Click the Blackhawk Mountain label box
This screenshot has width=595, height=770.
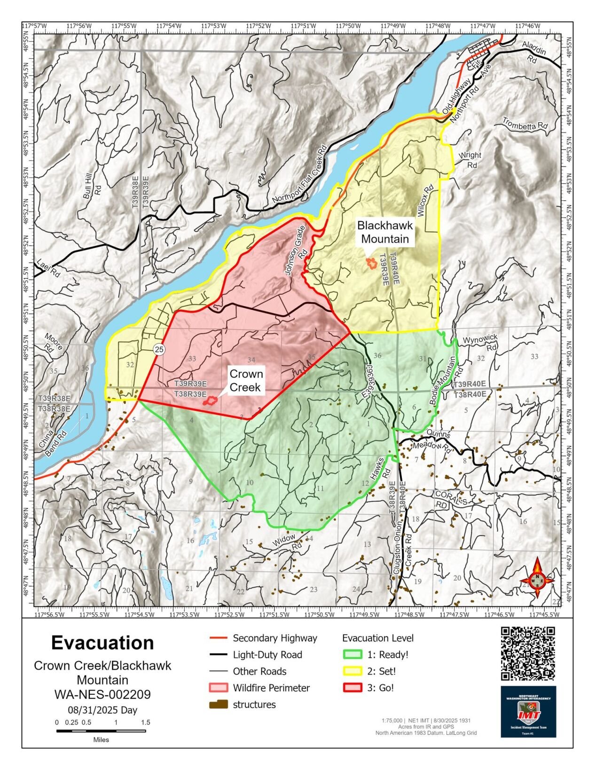[385, 232]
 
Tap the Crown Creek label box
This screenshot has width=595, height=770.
[246, 381]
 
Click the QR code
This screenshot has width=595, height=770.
[528, 653]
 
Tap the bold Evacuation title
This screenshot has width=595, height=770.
[102, 643]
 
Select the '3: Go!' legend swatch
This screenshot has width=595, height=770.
[352, 688]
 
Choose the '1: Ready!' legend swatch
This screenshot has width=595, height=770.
[352, 655]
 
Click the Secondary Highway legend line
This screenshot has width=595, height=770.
[218, 638]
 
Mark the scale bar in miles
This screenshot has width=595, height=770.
[101, 731]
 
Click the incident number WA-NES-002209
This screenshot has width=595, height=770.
[102, 694]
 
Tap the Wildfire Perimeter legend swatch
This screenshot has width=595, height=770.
[218, 688]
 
